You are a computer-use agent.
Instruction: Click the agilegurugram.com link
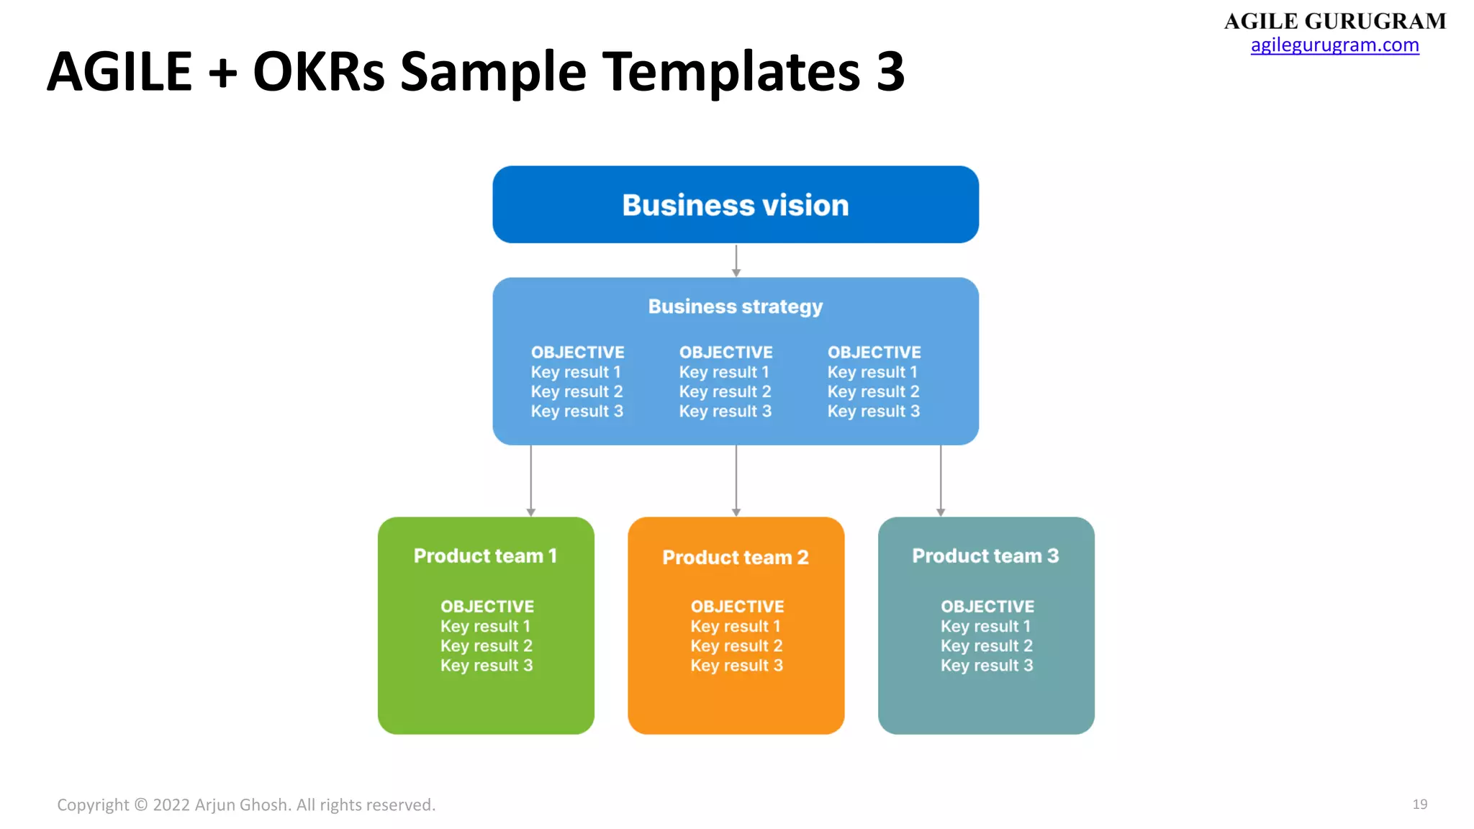pyautogui.click(x=1334, y=45)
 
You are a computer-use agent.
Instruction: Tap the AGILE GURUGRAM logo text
pyautogui.click(x=1334, y=21)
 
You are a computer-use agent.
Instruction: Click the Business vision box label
pyautogui.click(x=735, y=206)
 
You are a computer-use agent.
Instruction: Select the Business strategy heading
pyautogui.click(x=735, y=307)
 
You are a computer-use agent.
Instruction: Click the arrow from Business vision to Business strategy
pyautogui.click(x=736, y=261)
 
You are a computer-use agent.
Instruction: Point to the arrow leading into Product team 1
pyautogui.click(x=531, y=480)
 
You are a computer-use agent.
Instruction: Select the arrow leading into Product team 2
pyautogui.click(x=736, y=480)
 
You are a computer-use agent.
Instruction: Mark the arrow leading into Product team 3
pyautogui.click(x=940, y=480)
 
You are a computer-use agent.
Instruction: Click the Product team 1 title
pyautogui.click(x=485, y=556)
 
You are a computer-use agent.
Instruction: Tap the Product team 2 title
pyautogui.click(x=735, y=558)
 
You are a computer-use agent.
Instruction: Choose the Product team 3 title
pyautogui.click(x=985, y=556)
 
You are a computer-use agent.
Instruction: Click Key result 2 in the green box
pyautogui.click(x=487, y=646)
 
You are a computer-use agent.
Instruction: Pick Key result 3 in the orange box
pyautogui.click(x=736, y=666)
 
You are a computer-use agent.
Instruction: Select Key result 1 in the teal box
pyautogui.click(x=985, y=627)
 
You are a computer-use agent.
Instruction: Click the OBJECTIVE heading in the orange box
pyautogui.click(x=737, y=607)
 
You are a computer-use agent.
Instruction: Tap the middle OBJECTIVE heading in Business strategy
pyautogui.click(x=725, y=353)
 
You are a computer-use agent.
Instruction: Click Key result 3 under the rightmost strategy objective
pyautogui.click(x=873, y=412)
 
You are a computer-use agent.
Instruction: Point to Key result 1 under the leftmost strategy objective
pyautogui.click(x=576, y=373)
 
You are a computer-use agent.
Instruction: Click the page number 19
pyautogui.click(x=1419, y=805)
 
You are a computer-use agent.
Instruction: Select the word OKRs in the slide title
pyautogui.click(x=319, y=72)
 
